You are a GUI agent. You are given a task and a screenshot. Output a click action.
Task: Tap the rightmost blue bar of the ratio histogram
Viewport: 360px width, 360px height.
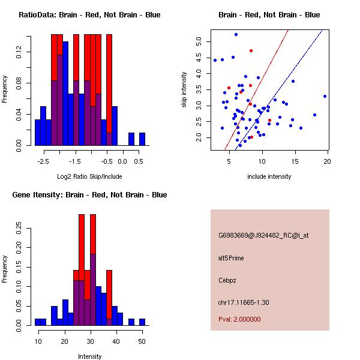[x=142, y=139]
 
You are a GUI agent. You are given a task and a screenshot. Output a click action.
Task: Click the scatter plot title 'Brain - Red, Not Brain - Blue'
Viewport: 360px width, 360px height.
[x=269, y=15]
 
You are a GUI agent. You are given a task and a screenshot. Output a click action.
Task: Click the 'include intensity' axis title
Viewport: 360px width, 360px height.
[x=269, y=176]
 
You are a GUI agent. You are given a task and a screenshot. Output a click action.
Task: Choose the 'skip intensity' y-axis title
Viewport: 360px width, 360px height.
[x=185, y=90]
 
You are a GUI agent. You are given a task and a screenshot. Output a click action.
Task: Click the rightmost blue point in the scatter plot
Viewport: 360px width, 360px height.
[x=325, y=96]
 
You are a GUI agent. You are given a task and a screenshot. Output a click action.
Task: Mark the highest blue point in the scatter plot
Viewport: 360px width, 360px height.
[x=236, y=34]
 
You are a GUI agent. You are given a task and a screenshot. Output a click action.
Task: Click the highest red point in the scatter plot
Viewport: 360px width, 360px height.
[x=251, y=50]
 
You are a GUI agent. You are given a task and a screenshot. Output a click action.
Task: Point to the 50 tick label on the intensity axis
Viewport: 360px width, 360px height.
[x=142, y=341]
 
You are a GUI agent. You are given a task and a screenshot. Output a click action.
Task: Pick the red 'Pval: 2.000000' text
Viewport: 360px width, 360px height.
[x=239, y=319]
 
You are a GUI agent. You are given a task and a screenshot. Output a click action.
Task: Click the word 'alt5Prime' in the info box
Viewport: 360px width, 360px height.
[x=231, y=258]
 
